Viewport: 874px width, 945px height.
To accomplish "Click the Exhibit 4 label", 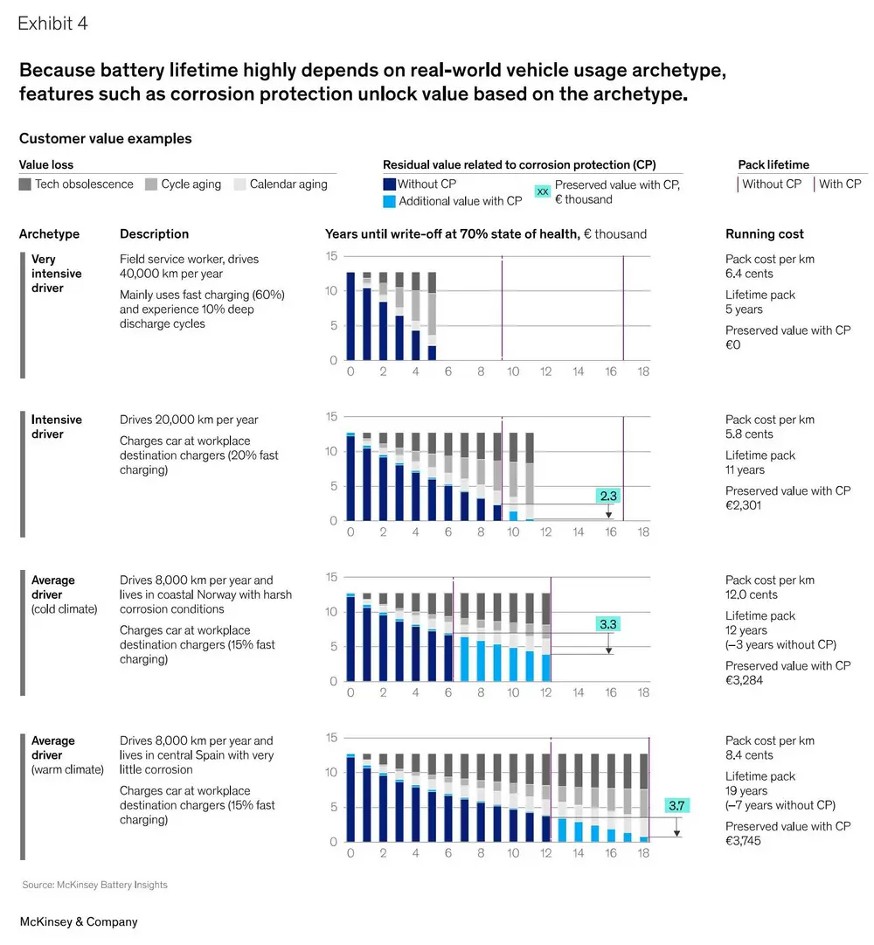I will (x=52, y=24).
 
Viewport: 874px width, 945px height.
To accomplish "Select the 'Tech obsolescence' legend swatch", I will (x=25, y=184).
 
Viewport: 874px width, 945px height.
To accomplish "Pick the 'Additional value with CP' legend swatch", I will (x=390, y=201).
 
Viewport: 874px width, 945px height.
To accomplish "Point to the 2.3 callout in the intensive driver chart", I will (x=608, y=496).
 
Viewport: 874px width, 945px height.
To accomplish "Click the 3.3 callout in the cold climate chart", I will (x=608, y=624).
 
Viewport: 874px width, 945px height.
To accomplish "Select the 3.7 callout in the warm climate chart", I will (x=676, y=805).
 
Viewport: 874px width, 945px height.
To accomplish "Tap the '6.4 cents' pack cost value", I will (x=751, y=274).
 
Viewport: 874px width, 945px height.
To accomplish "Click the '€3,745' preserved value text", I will (x=745, y=841).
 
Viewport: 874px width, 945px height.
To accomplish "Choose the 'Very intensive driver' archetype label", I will (x=56, y=274).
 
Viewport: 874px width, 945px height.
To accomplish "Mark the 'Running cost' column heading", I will (x=765, y=234).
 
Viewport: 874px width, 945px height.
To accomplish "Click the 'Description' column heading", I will (x=154, y=234).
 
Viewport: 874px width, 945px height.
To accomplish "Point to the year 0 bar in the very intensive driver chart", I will (x=350, y=316).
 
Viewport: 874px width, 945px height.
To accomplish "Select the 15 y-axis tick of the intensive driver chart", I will (x=332, y=417).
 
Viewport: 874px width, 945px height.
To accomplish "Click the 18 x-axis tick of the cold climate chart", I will (x=643, y=692).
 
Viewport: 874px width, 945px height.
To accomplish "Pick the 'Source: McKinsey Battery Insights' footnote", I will (x=94, y=885).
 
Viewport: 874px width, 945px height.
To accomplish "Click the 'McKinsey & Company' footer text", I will (x=79, y=921).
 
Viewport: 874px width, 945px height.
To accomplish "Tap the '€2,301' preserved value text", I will (x=745, y=505).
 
